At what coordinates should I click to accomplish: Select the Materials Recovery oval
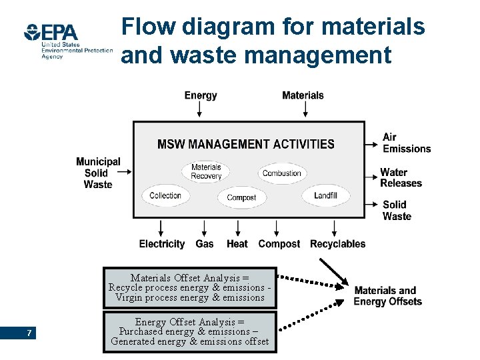[x=206, y=171]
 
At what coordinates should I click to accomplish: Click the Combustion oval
[x=282, y=173]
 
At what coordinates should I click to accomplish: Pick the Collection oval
[x=165, y=195]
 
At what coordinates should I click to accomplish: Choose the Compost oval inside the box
[x=241, y=197]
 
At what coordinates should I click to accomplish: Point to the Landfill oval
[x=326, y=195]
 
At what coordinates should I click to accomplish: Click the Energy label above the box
[x=201, y=95]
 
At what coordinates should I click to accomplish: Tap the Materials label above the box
[x=303, y=95]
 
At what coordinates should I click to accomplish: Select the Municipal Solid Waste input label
[x=98, y=173]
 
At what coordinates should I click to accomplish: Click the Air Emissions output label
[x=406, y=143]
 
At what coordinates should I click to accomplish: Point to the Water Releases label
[x=401, y=178]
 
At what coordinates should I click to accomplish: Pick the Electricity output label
[x=162, y=244]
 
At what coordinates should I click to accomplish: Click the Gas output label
[x=205, y=244]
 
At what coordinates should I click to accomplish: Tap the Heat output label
[x=237, y=244]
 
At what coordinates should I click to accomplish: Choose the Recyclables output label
[x=337, y=244]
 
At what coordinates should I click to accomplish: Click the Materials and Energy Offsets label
[x=387, y=296]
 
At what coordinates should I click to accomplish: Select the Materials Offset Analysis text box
[x=190, y=288]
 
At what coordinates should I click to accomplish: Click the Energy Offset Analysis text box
[x=190, y=332]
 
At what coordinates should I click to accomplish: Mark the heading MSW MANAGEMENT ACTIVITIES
[x=246, y=144]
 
